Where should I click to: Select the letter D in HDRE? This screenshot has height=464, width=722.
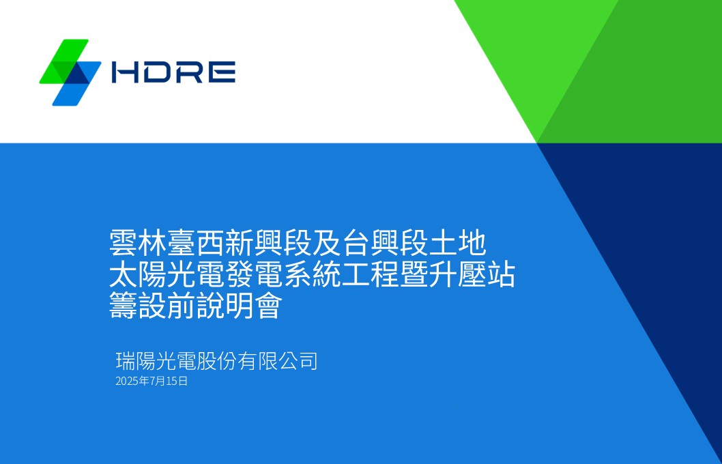pos(156,72)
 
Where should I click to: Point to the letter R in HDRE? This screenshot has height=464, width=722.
pos(189,72)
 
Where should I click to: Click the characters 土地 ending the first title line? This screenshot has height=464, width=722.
pos(467,243)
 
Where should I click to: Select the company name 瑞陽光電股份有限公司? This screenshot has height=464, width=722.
pos(216,360)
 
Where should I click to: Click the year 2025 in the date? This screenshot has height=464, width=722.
pos(126,381)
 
